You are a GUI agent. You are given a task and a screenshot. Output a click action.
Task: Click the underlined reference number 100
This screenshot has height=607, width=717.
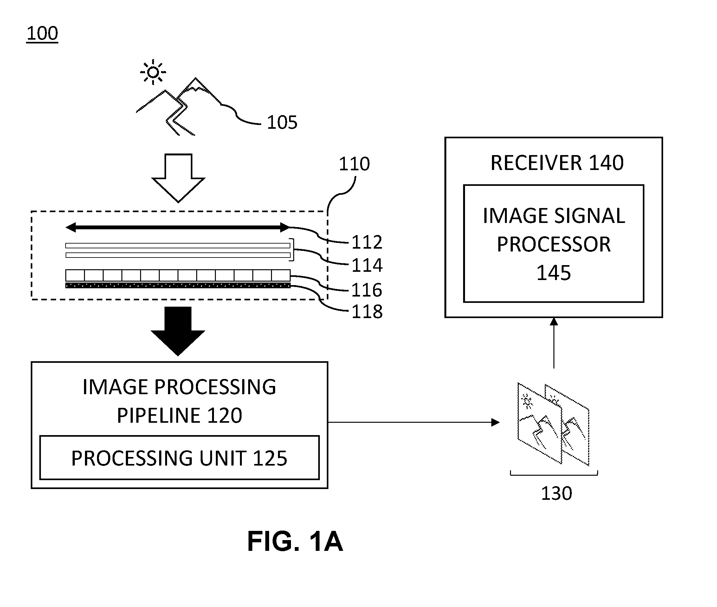(x=42, y=34)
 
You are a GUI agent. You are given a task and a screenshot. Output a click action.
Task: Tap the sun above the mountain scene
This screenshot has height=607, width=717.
(x=153, y=72)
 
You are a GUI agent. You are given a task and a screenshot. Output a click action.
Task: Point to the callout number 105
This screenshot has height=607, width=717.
(x=282, y=122)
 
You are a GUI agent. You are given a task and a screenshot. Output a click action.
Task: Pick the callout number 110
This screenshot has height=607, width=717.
(x=354, y=164)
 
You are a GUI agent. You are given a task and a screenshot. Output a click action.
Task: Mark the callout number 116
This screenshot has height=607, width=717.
(x=366, y=290)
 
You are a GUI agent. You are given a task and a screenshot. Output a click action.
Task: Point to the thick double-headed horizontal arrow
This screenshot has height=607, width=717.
(x=178, y=227)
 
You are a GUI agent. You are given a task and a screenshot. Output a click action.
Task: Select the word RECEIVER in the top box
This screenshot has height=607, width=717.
(x=536, y=163)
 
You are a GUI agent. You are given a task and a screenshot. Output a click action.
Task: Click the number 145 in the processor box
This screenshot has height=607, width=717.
(x=554, y=273)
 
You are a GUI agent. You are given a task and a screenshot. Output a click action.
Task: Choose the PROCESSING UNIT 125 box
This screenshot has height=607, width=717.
(x=179, y=458)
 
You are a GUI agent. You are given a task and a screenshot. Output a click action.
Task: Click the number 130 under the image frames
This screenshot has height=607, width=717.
(x=556, y=493)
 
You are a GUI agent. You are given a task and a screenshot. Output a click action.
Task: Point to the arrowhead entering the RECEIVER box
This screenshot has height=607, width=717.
(x=554, y=321)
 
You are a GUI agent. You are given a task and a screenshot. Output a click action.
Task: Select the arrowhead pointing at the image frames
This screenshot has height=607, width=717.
(x=495, y=422)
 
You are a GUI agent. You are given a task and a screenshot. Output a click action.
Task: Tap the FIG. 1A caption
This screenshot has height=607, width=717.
(x=295, y=541)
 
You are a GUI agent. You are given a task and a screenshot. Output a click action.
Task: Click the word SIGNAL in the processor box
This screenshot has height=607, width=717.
(x=589, y=216)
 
